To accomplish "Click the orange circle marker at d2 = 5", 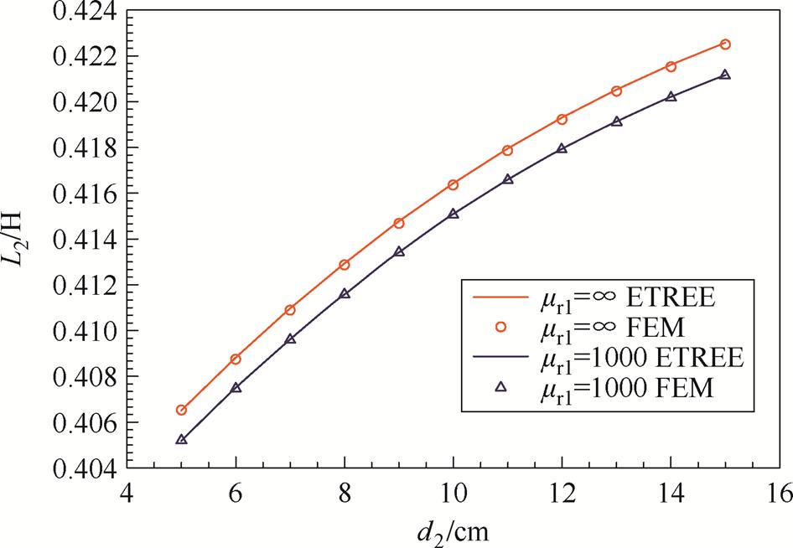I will pos(181,410).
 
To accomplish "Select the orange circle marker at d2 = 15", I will pos(725,44).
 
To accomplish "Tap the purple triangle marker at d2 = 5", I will pos(181,439).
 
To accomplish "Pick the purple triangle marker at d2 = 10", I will pos(454,214).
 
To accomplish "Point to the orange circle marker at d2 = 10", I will pos(454,184).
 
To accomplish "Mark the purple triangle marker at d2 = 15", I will pos(725,75).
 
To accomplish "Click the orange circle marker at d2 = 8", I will pos(345,265).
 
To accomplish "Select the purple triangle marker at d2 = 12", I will pos(562,148).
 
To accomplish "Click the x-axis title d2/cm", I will pos(453,530).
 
